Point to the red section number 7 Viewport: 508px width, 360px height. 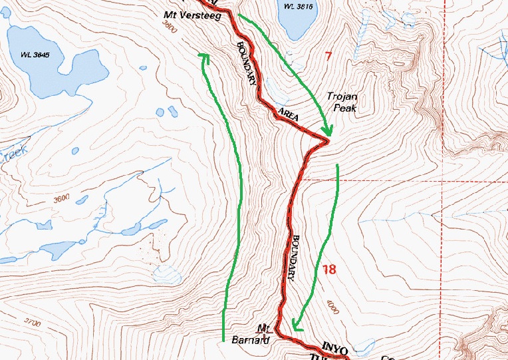point(328,56)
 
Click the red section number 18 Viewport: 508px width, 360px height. point(329,270)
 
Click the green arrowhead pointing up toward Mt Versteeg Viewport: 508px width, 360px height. point(205,57)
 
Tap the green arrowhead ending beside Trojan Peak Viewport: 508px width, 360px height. point(325,132)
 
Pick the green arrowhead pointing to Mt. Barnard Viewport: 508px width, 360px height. point(296,325)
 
